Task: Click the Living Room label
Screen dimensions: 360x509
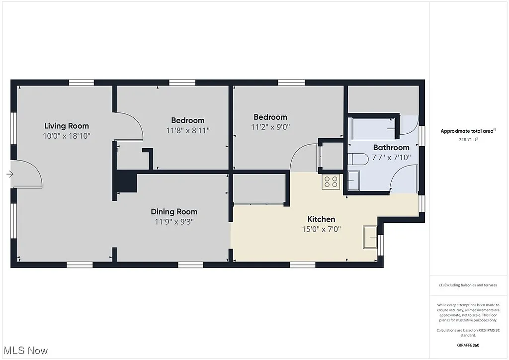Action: click(x=67, y=126)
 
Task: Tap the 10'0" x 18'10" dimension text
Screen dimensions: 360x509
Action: click(x=67, y=135)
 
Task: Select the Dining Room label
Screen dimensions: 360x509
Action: click(x=174, y=212)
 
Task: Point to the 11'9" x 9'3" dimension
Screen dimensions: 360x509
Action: click(x=174, y=222)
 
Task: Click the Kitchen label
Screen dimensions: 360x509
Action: click(x=321, y=219)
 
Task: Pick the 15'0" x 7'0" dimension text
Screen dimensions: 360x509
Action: click(x=321, y=229)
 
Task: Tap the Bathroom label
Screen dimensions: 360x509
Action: click(x=391, y=148)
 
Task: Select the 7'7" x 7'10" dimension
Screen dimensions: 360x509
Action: click(x=391, y=157)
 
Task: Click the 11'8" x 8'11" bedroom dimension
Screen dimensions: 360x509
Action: click(x=187, y=130)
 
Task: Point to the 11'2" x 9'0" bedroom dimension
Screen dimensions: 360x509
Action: click(x=270, y=127)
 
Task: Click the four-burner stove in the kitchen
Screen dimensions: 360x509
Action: click(x=331, y=182)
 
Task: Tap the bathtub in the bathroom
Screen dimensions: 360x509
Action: click(x=374, y=129)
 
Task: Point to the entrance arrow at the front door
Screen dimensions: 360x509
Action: click(x=10, y=174)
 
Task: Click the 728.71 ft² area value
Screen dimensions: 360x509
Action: click(x=467, y=140)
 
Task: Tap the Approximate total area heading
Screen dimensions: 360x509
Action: click(x=467, y=131)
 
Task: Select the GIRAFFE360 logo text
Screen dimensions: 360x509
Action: click(x=468, y=345)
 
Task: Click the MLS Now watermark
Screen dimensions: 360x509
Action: click(x=25, y=351)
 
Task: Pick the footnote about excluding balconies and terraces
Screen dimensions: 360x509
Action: click(x=467, y=285)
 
